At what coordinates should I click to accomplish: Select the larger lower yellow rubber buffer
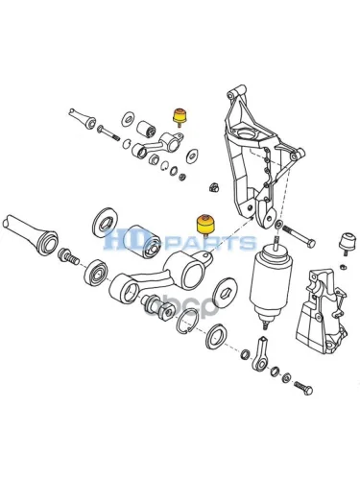(x=205, y=226)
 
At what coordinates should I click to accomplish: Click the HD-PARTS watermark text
(x=180, y=239)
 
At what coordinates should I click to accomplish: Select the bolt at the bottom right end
(x=303, y=388)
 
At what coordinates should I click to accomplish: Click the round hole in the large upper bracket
(x=249, y=133)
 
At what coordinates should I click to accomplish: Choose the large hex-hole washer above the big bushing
(x=105, y=223)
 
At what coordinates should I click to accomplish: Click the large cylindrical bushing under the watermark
(x=143, y=241)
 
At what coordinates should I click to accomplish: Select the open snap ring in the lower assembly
(x=188, y=321)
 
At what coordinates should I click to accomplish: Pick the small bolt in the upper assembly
(x=108, y=132)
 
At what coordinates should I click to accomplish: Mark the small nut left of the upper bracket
(x=214, y=187)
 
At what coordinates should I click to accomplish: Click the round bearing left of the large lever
(x=96, y=273)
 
